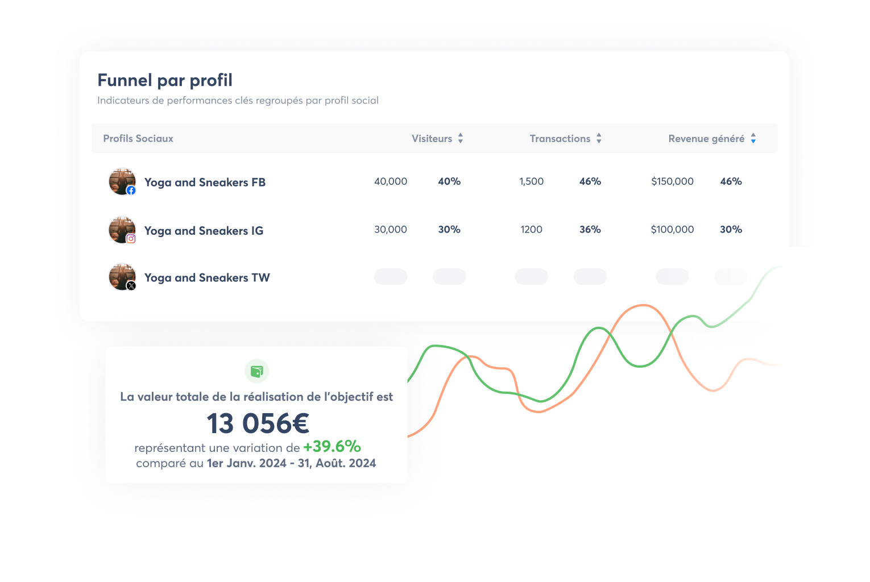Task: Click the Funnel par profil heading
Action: [165, 80]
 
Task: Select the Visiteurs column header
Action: [432, 139]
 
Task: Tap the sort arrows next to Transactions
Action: [599, 138]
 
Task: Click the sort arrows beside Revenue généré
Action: [753, 138]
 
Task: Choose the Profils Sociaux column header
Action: [138, 139]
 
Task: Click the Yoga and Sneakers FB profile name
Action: [205, 182]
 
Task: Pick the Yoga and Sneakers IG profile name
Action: [204, 231]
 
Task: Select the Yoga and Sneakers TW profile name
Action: [207, 278]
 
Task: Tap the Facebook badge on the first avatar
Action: [131, 190]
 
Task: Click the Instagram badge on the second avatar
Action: [131, 239]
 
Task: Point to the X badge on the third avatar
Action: [131, 286]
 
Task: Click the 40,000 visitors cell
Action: [391, 181]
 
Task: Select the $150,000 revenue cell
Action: [672, 181]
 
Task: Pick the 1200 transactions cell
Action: [531, 230]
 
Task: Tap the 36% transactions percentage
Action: [590, 230]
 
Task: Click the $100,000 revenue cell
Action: [672, 230]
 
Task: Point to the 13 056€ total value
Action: [258, 423]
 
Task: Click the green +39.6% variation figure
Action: [332, 447]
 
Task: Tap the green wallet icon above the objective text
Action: [257, 372]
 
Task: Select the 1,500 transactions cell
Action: [531, 181]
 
